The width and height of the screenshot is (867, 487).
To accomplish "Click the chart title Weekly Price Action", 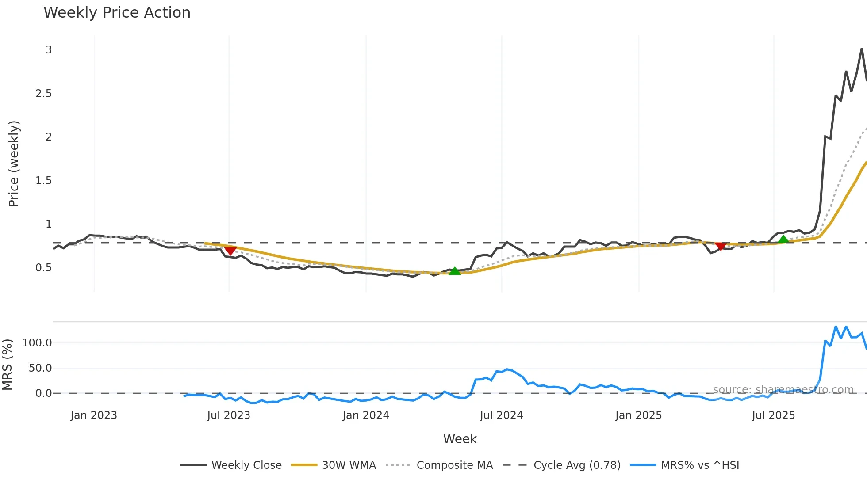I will [117, 13].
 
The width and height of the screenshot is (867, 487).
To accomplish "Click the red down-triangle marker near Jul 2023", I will [230, 251].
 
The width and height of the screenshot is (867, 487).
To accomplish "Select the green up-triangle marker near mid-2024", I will [455, 271].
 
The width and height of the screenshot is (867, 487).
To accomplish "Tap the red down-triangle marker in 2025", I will [720, 246].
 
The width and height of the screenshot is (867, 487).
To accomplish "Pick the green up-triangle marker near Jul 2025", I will [783, 240].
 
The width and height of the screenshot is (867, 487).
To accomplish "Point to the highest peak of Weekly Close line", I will [862, 49].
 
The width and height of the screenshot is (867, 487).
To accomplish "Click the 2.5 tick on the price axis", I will [43, 94].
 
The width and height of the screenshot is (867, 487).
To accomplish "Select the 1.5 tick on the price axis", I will [43, 181].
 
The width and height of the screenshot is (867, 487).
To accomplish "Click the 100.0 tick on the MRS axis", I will [37, 343].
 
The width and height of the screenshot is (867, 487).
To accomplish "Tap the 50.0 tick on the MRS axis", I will [40, 368].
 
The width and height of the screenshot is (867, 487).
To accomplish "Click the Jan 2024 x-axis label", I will [366, 415].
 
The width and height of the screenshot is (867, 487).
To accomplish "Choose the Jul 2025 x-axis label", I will [773, 415].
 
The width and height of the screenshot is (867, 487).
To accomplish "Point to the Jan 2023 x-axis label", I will [94, 415].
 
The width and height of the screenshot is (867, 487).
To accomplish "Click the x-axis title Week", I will [460, 439].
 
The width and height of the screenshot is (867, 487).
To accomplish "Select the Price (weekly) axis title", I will [14, 164].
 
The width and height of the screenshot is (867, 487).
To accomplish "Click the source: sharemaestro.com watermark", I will [783, 390].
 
